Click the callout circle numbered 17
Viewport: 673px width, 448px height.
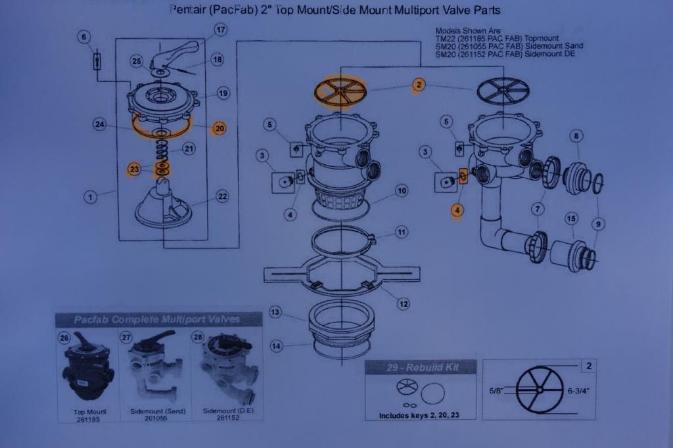click(x=221, y=30)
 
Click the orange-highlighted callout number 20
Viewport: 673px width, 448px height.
click(x=219, y=129)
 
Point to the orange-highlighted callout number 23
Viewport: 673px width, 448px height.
click(x=134, y=170)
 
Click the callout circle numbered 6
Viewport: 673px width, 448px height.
click(x=84, y=37)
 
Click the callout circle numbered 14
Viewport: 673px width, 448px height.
click(x=275, y=346)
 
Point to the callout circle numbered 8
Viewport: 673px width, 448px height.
click(x=576, y=137)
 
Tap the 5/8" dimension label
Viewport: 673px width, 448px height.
click(x=498, y=390)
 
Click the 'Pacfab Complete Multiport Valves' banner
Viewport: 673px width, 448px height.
click(x=157, y=320)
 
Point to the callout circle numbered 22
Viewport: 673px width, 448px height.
click(x=222, y=196)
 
